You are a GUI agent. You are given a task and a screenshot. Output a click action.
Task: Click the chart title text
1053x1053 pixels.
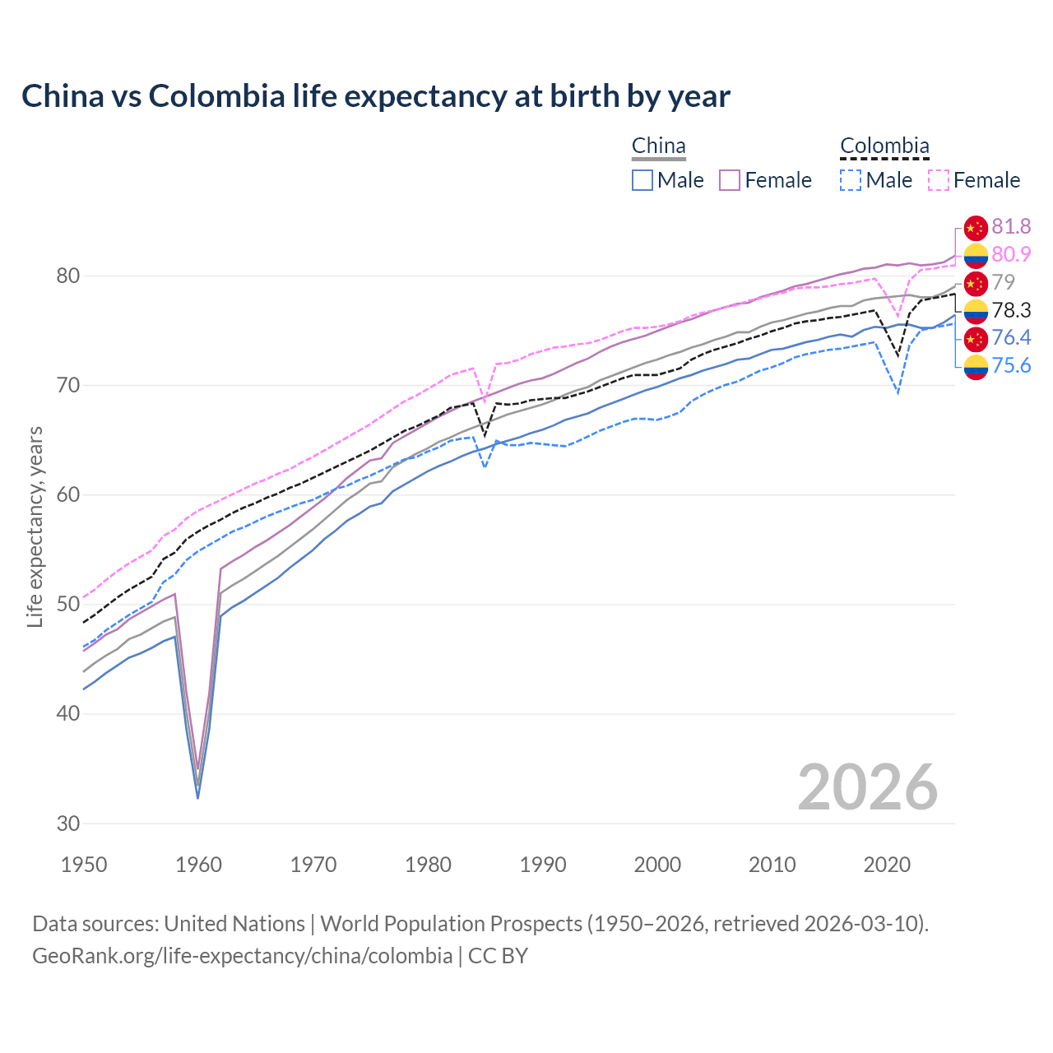click(x=376, y=96)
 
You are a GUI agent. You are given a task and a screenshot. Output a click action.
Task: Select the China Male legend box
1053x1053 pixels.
click(x=642, y=180)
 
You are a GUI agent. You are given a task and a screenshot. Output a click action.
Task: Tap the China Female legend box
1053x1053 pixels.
click(x=730, y=180)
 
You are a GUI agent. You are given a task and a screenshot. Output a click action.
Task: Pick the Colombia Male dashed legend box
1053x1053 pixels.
click(x=851, y=180)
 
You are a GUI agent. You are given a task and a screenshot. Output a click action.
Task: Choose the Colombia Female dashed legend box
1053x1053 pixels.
click(x=939, y=180)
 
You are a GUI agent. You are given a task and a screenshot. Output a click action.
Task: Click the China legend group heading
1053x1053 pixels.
click(x=658, y=146)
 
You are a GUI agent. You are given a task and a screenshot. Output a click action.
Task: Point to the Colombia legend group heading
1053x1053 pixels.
click(x=884, y=146)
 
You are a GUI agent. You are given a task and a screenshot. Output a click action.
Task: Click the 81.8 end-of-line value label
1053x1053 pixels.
click(x=1011, y=227)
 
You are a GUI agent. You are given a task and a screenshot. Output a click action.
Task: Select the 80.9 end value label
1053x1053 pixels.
click(x=1011, y=255)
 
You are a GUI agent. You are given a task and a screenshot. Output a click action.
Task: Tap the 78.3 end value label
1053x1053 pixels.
click(x=1011, y=310)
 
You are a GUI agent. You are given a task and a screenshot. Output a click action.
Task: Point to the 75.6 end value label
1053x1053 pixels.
click(x=1011, y=365)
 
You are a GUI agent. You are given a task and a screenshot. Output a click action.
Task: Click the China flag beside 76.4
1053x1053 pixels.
click(x=976, y=338)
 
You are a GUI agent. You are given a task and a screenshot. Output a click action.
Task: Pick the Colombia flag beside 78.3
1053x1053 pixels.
click(x=976, y=311)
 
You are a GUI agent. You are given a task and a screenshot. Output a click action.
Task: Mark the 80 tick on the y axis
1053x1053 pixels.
click(x=68, y=276)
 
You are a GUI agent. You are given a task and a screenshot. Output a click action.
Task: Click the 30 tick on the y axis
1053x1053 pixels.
click(x=68, y=823)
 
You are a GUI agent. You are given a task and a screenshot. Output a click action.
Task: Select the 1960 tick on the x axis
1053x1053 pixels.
click(x=199, y=865)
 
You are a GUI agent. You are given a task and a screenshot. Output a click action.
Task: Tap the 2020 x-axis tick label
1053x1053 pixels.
click(x=887, y=865)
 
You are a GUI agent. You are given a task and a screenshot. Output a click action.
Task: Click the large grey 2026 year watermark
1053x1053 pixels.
click(x=868, y=787)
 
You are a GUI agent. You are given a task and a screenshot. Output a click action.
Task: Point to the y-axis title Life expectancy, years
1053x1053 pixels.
click(x=35, y=526)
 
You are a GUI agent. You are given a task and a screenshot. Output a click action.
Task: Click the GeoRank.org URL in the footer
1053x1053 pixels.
click(x=242, y=956)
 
